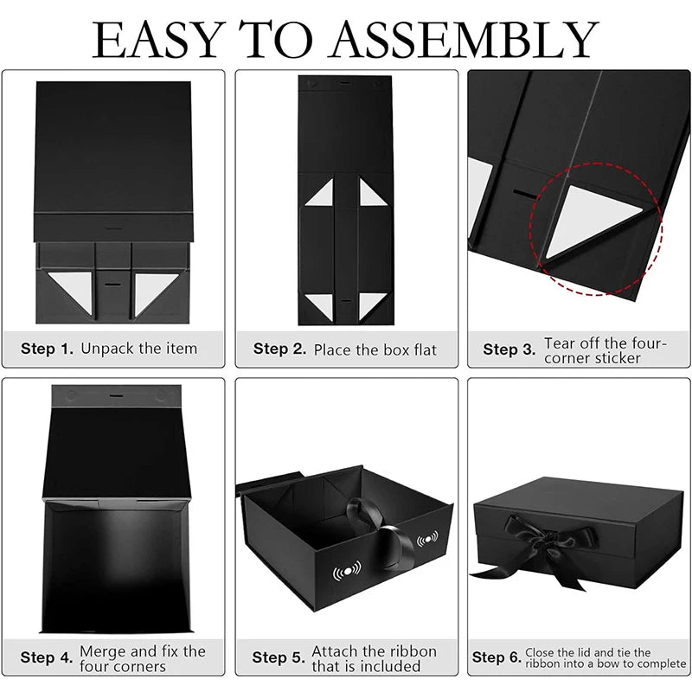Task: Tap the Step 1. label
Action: tap(47, 349)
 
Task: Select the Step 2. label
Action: tap(279, 349)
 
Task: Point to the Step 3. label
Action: tap(509, 349)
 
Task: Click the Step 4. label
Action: tap(47, 657)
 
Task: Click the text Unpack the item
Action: tap(139, 349)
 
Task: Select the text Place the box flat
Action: tap(375, 350)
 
